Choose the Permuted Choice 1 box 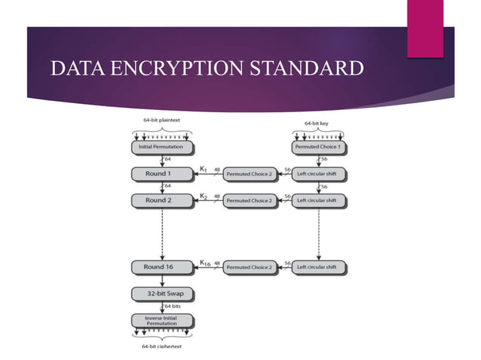(x=319, y=147)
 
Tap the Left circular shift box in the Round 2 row (x=319, y=200)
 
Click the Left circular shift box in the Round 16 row (x=319, y=267)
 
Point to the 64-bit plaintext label (x=161, y=121)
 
